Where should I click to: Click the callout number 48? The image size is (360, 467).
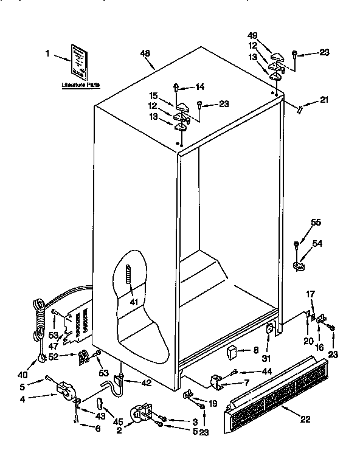(x=145, y=54)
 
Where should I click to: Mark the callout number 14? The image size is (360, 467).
(x=201, y=87)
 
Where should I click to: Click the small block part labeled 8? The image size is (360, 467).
(x=232, y=351)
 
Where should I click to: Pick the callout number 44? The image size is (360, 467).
(x=266, y=371)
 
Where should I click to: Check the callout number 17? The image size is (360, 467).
(x=310, y=294)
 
